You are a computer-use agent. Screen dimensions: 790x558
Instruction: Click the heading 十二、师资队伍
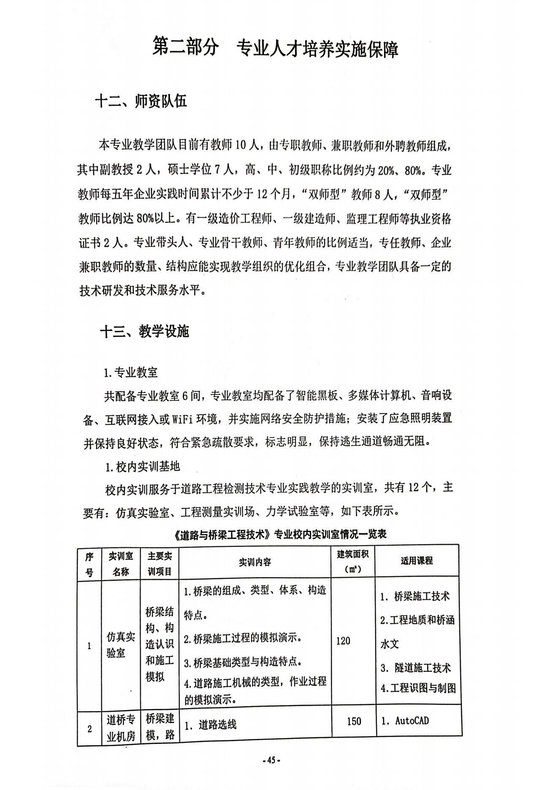tap(141, 102)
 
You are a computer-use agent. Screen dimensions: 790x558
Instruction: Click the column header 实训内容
tap(255, 562)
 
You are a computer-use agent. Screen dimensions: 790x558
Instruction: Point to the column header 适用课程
tap(417, 561)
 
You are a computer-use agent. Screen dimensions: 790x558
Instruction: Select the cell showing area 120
tap(343, 641)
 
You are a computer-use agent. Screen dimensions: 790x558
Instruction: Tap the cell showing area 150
tap(354, 721)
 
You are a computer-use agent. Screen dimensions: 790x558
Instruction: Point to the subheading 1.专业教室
tap(131, 372)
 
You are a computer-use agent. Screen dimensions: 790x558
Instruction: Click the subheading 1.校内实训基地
tap(142, 467)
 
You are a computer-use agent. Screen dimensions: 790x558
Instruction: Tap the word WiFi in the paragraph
tap(182, 419)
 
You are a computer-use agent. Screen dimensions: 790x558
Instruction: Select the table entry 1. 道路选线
tap(211, 725)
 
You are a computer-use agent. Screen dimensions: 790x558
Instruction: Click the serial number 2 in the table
tap(89, 729)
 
